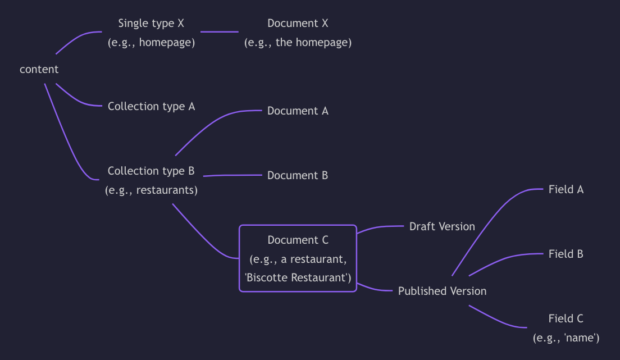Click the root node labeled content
pos(39,70)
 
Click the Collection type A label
pos(151,106)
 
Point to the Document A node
pos(298,111)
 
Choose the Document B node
pos(298,175)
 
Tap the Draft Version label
pos(442,226)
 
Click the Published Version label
pos(442,291)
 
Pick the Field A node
pos(566,189)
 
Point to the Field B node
pos(566,254)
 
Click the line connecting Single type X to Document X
pos(219,31)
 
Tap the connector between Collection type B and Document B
pos(233,175)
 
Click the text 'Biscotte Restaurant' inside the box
pos(298,277)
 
